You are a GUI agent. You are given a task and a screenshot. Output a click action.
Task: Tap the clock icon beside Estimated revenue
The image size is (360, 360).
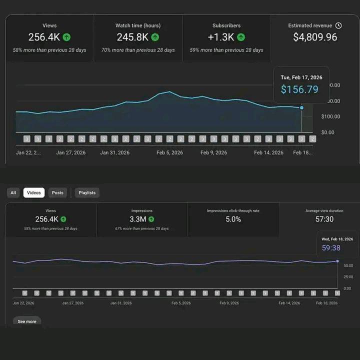(338, 25)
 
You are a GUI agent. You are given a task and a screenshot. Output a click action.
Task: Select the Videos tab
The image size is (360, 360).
(34, 192)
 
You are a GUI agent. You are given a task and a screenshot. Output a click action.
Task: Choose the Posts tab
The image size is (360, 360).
(57, 192)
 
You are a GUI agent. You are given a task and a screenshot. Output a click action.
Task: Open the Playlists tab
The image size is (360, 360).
(87, 192)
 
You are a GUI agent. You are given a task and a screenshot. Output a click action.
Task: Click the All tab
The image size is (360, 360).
(13, 192)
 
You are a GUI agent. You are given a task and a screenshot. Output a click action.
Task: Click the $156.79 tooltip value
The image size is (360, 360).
(299, 89)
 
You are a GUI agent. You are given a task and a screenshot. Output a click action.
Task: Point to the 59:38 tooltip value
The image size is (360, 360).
(331, 247)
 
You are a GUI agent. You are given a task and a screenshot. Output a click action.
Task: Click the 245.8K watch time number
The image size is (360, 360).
(132, 37)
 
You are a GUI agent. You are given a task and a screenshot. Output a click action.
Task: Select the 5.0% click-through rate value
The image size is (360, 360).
(233, 219)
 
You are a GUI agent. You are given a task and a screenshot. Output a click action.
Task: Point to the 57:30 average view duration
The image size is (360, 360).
(325, 219)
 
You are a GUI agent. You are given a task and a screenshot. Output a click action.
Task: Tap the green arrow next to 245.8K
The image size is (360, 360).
(155, 37)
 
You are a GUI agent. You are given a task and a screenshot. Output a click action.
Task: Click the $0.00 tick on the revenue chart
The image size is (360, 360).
(328, 132)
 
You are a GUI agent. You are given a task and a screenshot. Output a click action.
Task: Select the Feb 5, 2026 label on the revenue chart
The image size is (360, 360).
(170, 152)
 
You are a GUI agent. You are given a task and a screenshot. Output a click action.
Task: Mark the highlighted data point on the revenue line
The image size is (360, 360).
(301, 107)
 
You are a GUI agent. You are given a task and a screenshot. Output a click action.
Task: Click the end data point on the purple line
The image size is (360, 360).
(337, 261)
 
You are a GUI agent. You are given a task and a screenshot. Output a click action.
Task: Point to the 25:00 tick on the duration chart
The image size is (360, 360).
(347, 276)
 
